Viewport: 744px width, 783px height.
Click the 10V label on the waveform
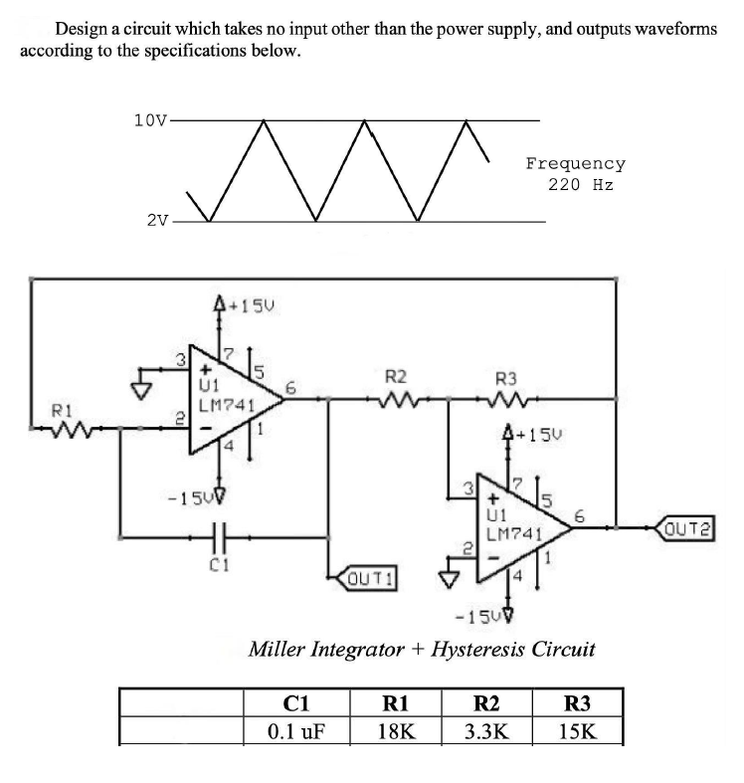coord(151,120)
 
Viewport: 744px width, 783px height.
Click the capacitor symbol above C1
coord(221,537)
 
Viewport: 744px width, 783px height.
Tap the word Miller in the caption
coord(280,650)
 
